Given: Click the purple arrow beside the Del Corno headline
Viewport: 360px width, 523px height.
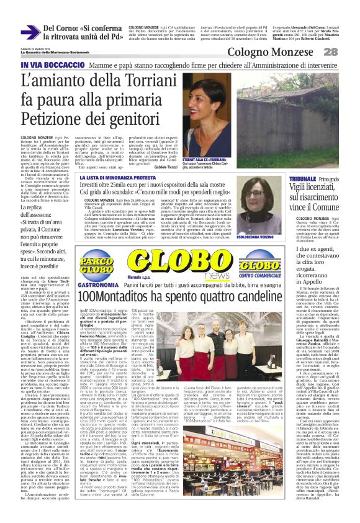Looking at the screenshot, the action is tap(30, 32).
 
